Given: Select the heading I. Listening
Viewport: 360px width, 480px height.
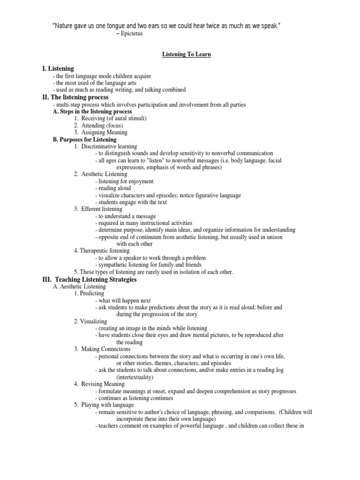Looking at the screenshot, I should tap(58, 69).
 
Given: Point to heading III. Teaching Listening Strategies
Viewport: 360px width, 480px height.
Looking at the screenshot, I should tap(90, 279).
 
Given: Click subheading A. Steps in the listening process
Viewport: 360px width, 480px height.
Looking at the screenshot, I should tap(92, 112).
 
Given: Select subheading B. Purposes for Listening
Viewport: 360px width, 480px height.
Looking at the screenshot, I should tap(85, 140).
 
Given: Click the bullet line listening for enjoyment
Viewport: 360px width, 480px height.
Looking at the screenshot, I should tap(124, 181).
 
